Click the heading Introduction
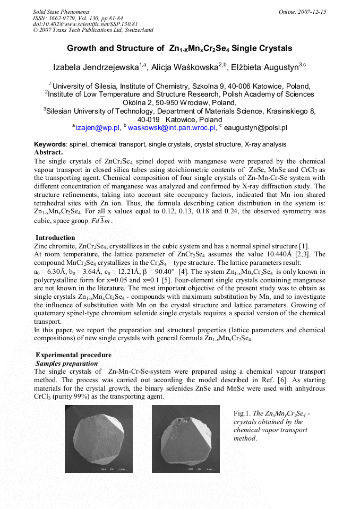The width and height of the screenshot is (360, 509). click(x=55, y=238)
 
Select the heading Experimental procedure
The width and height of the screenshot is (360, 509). click(x=66, y=355)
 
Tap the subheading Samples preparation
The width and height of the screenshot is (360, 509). click(x=67, y=364)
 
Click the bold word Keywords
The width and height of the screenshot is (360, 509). click(x=50, y=144)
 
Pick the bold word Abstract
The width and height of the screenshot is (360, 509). click(x=48, y=152)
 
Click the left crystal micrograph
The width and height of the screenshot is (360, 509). click(x=99, y=439)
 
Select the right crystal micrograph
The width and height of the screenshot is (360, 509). click(x=185, y=439)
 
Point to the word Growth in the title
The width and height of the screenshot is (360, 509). click(x=83, y=48)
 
